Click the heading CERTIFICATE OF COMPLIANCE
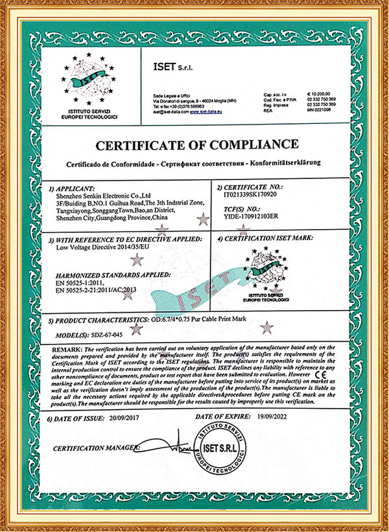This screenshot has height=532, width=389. click(x=194, y=144)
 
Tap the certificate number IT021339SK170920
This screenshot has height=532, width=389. click(x=248, y=194)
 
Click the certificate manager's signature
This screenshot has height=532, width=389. click(x=165, y=448)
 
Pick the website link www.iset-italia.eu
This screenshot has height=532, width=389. click(x=206, y=112)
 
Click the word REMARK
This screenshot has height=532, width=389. click(x=66, y=350)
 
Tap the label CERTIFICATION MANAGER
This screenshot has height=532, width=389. click(x=97, y=448)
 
